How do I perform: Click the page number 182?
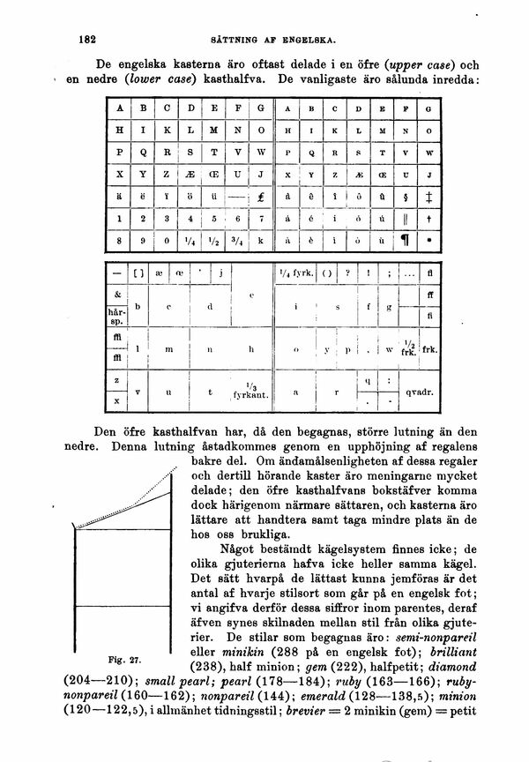pyautogui.click(x=86, y=40)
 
